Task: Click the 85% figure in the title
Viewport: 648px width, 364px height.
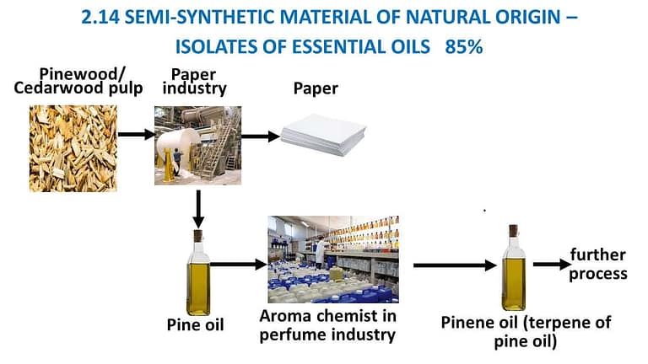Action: click(x=462, y=47)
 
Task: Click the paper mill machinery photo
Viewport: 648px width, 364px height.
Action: click(x=197, y=145)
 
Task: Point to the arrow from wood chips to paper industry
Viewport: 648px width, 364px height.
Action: click(x=135, y=133)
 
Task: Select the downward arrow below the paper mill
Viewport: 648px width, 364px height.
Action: click(x=197, y=206)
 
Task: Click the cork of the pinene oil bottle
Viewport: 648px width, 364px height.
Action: click(x=512, y=230)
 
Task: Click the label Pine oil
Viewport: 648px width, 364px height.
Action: click(x=194, y=324)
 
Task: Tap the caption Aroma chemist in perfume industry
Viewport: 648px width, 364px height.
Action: click(x=327, y=326)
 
